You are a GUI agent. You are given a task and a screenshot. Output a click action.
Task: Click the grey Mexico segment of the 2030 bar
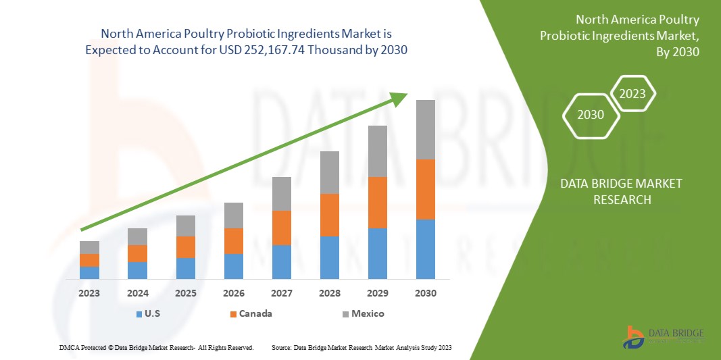425,130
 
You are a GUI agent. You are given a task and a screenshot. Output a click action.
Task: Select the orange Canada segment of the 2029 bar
377,202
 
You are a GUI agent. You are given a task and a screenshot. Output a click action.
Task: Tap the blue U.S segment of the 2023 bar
89,272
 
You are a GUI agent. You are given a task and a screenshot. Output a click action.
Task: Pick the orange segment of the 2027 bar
282,228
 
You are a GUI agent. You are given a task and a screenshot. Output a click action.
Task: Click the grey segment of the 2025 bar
185,226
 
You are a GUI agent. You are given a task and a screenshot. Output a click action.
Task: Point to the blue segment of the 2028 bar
329,257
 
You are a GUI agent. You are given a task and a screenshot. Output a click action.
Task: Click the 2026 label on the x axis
234,294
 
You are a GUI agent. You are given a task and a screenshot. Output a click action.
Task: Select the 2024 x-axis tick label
137,294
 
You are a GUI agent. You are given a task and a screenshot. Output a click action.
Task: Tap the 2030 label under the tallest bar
425,294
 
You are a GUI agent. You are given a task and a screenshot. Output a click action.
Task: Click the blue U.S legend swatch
139,314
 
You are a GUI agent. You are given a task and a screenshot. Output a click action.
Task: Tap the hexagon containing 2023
632,94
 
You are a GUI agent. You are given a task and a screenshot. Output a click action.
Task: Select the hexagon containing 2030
591,115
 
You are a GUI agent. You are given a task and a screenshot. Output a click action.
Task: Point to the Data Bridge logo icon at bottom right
633,336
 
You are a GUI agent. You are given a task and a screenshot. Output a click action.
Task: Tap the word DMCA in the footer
70,347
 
